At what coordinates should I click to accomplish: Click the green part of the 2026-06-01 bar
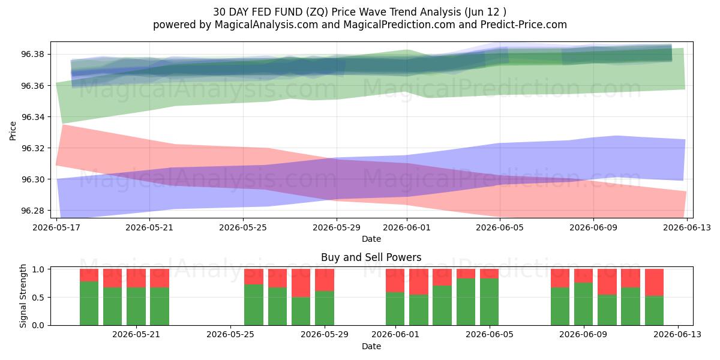pos(395,308)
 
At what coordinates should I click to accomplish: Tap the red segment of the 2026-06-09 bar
pos(583,276)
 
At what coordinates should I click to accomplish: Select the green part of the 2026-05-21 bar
pos(136,307)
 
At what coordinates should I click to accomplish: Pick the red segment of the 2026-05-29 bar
pos(325,280)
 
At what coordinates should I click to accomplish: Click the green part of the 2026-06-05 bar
pos(489,302)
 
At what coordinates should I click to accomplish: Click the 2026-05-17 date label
pos(56,227)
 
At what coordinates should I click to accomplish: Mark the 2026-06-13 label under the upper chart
pos(687,227)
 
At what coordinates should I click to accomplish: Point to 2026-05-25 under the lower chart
pos(230,335)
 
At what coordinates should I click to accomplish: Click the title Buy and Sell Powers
pos(371,257)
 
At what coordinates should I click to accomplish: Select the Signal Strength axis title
pos(23,296)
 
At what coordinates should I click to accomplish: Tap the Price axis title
pos(13,131)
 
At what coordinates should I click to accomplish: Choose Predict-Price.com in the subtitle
pos(524,25)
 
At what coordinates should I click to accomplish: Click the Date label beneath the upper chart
pos(371,239)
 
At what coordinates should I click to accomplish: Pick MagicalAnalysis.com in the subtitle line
pos(266,25)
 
